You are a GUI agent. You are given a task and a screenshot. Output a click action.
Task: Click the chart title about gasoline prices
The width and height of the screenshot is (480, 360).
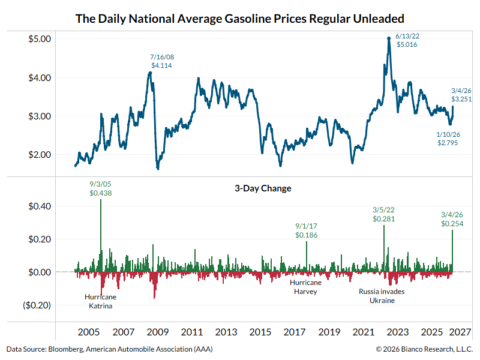coord(240,18)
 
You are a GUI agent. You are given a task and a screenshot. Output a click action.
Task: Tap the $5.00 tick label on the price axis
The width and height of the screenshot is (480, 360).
coord(40,39)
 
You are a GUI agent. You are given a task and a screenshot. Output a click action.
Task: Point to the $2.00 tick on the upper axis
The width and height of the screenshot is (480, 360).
coord(40,155)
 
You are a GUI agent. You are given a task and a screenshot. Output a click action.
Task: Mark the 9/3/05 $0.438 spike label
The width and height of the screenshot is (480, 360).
coord(101,188)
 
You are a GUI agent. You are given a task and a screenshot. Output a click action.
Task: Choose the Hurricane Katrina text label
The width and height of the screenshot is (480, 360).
coord(100,301)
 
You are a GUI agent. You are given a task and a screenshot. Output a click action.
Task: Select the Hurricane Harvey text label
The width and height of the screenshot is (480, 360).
coord(305,287)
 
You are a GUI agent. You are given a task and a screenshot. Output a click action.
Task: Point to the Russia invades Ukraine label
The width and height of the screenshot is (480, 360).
coord(382,296)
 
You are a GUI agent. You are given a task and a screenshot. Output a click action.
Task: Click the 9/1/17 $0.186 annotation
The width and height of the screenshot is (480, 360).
coord(306,231)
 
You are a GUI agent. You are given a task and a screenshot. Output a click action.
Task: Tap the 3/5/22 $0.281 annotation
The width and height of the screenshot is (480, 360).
coord(383,215)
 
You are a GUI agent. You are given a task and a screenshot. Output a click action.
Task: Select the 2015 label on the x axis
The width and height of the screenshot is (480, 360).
coord(260,332)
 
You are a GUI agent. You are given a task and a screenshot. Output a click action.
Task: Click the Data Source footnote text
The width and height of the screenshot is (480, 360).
coord(109,349)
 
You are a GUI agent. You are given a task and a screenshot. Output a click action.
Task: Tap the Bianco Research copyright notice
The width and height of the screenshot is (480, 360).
coord(424,349)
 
